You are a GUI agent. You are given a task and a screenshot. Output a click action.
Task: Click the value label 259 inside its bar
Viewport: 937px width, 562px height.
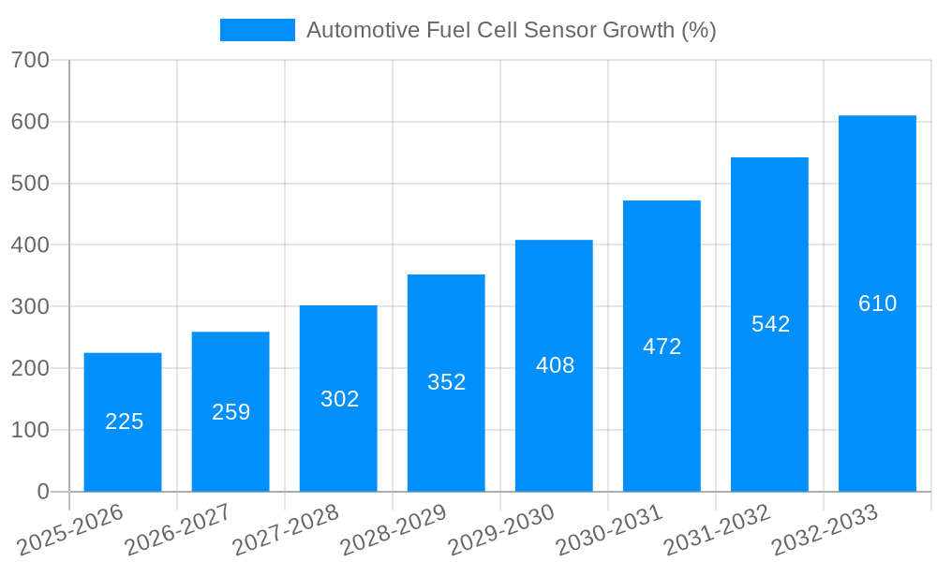point(231,412)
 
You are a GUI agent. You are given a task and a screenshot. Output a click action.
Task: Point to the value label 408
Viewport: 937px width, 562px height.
point(555,365)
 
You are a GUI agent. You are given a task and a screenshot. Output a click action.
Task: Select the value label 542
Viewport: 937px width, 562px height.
point(770,324)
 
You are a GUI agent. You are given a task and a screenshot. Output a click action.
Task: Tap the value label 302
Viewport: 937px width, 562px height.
point(339,399)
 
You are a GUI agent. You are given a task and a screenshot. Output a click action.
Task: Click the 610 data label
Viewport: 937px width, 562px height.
point(877,303)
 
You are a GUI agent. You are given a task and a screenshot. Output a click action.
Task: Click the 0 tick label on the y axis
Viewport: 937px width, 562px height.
point(43,492)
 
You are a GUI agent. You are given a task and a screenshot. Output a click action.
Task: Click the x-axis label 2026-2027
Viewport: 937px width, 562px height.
point(178,529)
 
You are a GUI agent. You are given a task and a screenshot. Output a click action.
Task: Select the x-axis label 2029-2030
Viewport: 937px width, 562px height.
point(501,529)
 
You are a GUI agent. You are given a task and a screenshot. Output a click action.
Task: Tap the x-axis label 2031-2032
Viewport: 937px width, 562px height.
point(717,529)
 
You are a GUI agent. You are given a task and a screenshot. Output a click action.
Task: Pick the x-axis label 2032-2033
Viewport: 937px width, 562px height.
point(825,529)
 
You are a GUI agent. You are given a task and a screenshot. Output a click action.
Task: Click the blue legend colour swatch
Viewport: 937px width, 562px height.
point(257,30)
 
